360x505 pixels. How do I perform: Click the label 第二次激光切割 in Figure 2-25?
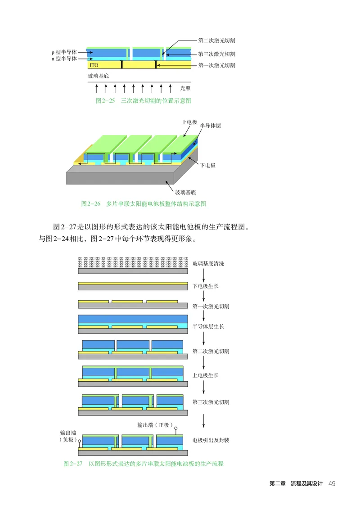pos(216,41)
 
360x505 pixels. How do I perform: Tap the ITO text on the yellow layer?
pos(94,65)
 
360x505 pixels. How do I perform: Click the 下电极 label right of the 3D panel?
pos(208,165)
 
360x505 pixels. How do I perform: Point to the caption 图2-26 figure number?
pos(90,204)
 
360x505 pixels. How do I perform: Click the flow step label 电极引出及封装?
pos(211,440)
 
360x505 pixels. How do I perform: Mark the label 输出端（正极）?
pos(155,424)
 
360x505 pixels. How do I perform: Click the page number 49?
pos(332,484)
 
